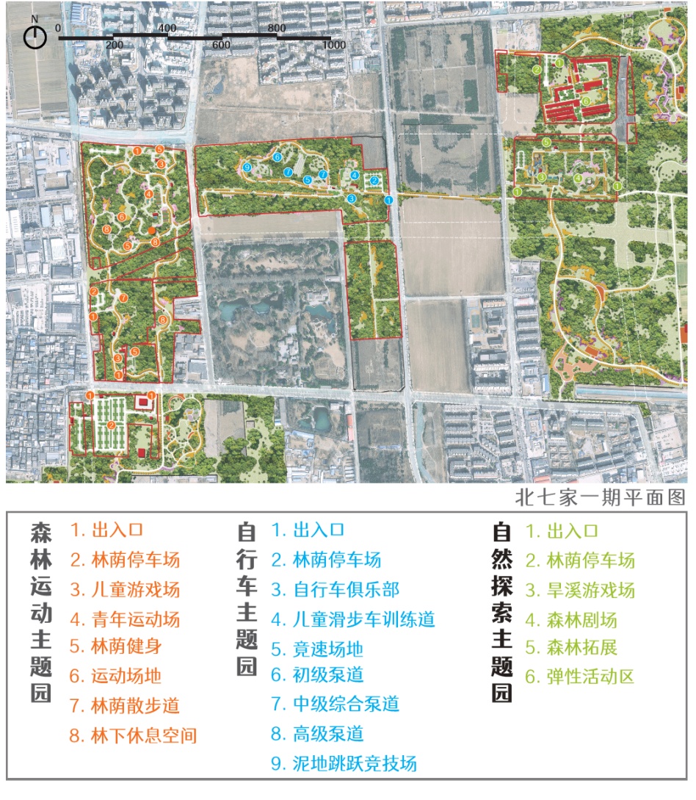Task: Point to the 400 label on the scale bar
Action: (x=167, y=28)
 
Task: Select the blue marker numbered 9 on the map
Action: (x=247, y=167)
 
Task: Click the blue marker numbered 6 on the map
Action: (x=278, y=157)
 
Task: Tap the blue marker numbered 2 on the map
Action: (x=374, y=181)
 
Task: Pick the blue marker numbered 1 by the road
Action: (x=388, y=200)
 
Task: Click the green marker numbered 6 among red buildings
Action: (x=586, y=101)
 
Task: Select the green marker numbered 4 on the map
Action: (x=579, y=178)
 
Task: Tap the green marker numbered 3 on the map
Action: (x=541, y=177)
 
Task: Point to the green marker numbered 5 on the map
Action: (x=547, y=141)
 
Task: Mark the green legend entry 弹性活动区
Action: (x=580, y=677)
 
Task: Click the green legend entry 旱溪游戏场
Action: (x=580, y=589)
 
